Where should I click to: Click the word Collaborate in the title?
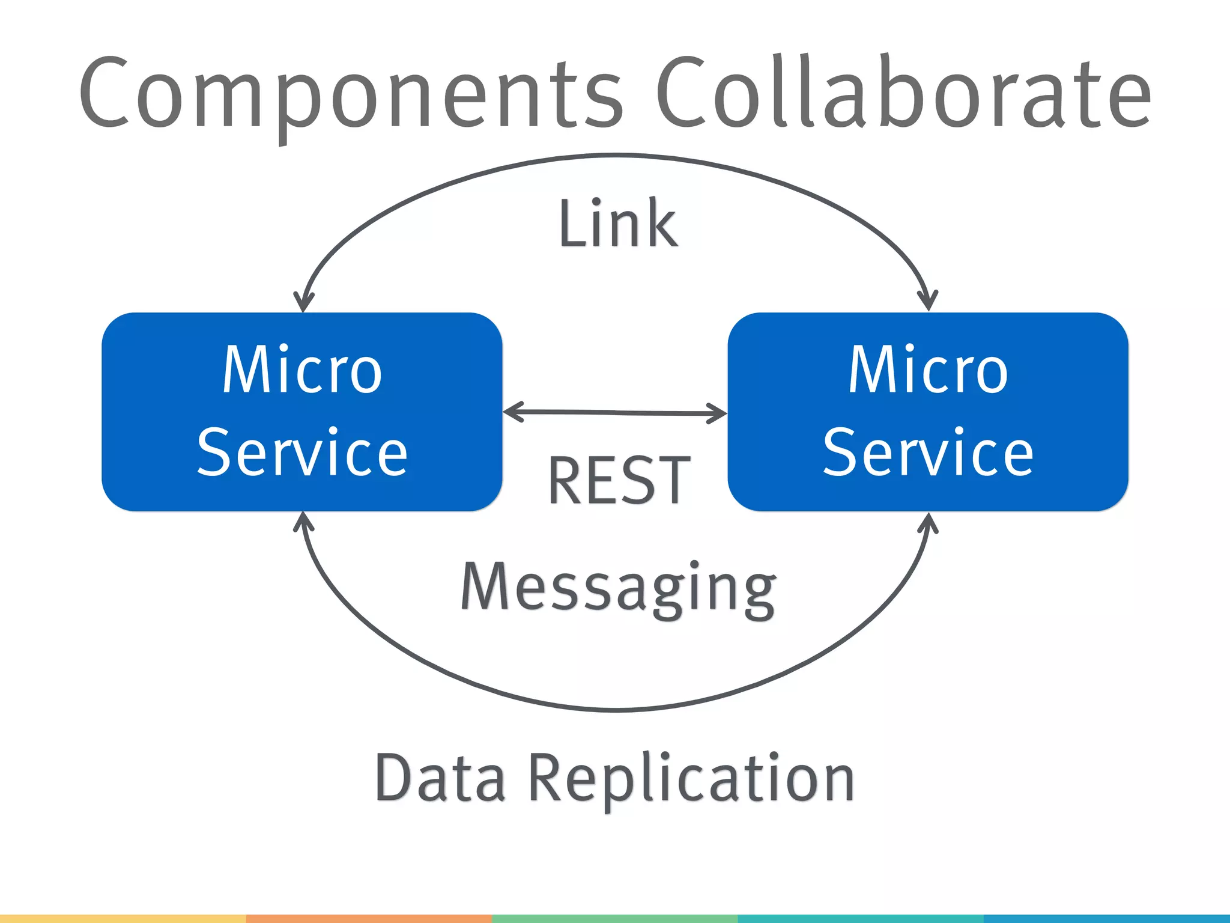click(904, 93)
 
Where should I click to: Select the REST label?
click(619, 481)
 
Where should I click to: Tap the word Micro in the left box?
click(302, 371)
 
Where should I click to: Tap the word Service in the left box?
click(302, 452)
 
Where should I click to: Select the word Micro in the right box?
click(928, 371)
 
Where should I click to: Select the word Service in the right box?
click(928, 452)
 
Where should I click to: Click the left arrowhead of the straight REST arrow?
click(510, 412)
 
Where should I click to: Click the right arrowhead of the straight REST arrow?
click(719, 413)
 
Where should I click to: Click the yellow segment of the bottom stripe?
click(123, 919)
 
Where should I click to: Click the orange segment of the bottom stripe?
click(369, 919)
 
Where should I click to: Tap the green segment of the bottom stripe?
click(614, 919)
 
